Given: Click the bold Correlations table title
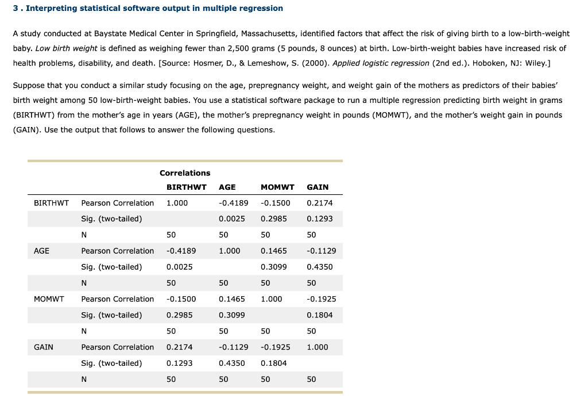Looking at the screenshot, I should pyautogui.click(x=185, y=173).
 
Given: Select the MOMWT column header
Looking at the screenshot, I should pyautogui.click(x=277, y=187).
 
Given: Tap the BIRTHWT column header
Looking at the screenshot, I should pyautogui.click(x=186, y=187).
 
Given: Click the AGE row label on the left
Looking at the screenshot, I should pyautogui.click(x=41, y=251).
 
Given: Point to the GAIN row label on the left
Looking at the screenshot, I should pyautogui.click(x=44, y=347).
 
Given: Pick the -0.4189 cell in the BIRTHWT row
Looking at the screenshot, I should pyautogui.click(x=233, y=203).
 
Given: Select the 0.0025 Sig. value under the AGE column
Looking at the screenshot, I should pyautogui.click(x=231, y=219).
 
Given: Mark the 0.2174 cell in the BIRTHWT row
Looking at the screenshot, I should pyautogui.click(x=319, y=203).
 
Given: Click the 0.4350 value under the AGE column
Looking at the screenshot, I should pyautogui.click(x=231, y=363).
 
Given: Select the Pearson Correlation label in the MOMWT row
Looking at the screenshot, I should pyautogui.click(x=117, y=299).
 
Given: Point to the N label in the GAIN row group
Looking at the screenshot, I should pyautogui.click(x=84, y=379).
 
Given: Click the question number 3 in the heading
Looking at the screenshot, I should pyautogui.click(x=15, y=8).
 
